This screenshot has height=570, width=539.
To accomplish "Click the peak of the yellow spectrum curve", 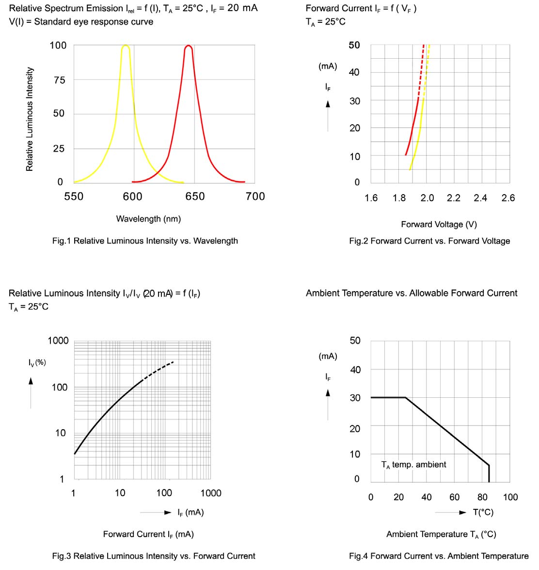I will tap(126, 46).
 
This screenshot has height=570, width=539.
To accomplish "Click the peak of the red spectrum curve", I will tap(189, 46).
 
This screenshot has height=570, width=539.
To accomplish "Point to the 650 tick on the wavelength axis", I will tap(195, 196).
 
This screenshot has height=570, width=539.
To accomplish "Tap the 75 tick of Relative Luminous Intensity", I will tap(59, 80).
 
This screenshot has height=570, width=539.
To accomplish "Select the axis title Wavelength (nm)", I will tap(148, 219).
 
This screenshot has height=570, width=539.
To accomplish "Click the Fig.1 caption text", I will tap(145, 241).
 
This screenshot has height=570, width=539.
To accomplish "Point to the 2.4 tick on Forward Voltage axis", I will tap(480, 198).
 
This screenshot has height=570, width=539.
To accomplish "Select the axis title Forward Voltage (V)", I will tap(439, 224).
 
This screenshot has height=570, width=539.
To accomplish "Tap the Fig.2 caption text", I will tap(429, 241).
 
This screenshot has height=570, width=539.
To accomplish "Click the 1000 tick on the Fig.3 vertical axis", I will tap(58, 341).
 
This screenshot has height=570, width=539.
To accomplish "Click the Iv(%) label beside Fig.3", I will tap(37, 362).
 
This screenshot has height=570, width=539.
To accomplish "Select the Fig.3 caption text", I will tap(154, 556).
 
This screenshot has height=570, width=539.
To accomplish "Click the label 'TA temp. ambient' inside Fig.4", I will tap(413, 465).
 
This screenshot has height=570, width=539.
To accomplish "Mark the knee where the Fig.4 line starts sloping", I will tap(405, 398).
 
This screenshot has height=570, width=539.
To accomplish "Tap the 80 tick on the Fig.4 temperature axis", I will tap(482, 497).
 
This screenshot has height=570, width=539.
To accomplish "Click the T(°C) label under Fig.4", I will tap(483, 512).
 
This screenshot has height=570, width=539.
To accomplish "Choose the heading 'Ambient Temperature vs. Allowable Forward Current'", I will tap(412, 293).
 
